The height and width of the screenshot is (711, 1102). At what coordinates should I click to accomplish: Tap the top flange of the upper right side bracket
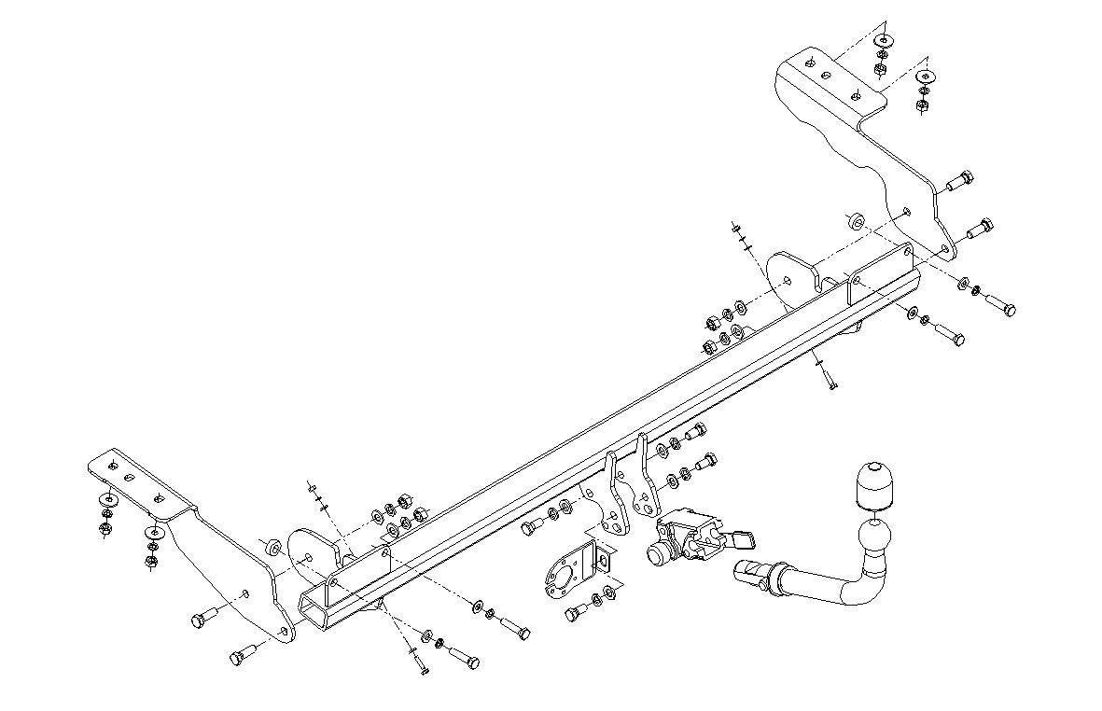pyautogui.click(x=829, y=74)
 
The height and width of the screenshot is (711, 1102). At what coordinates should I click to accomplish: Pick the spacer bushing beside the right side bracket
pyautogui.click(x=853, y=222)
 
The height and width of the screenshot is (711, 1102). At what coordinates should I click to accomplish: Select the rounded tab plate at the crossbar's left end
pyautogui.click(x=310, y=554)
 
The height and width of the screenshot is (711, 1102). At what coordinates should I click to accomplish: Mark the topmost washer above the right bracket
pyautogui.click(x=883, y=41)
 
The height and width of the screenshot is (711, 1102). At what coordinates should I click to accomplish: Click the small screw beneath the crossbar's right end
pyautogui.click(x=829, y=379)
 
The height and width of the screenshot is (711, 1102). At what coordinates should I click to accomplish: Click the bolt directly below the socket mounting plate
pyautogui.click(x=577, y=611)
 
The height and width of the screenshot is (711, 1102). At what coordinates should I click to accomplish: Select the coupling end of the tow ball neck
pyautogui.click(x=752, y=573)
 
